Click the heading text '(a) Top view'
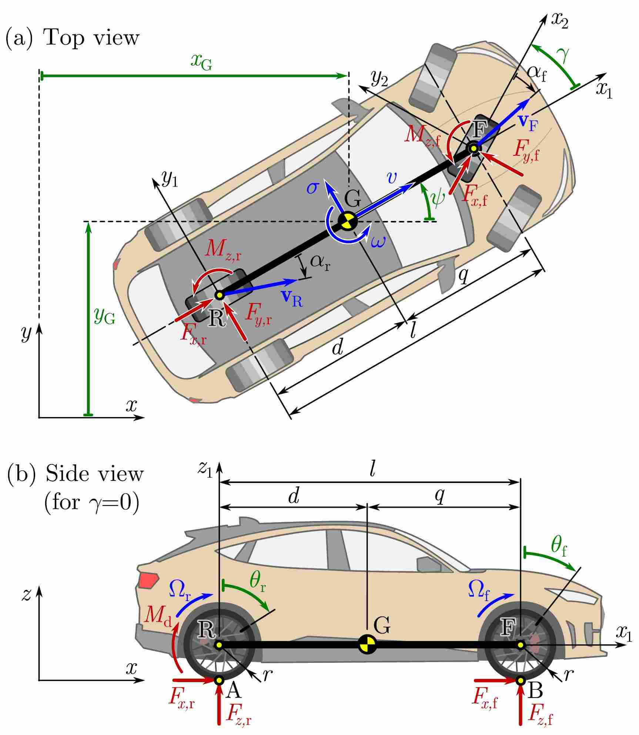72,38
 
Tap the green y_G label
104,316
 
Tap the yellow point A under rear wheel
219,681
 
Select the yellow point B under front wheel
521,681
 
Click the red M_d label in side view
158,616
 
